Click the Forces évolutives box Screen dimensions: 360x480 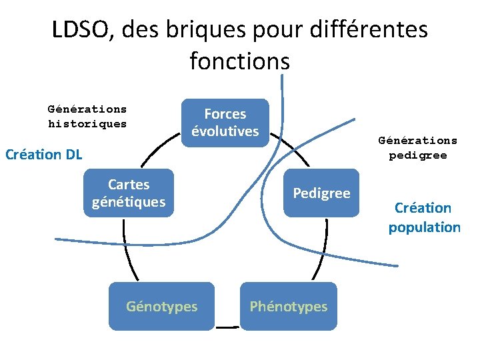coord(225,123)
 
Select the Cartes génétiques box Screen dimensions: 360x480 coord(129,193)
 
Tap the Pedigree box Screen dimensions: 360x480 coord(321,193)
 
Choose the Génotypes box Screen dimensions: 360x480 coord(161,307)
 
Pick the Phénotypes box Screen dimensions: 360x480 coord(289,307)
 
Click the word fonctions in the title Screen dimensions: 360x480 coord(240,61)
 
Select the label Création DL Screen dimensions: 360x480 coord(43,155)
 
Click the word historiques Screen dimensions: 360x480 coord(87,124)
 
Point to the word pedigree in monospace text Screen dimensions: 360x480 coord(418,156)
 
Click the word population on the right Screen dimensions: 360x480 coord(425,227)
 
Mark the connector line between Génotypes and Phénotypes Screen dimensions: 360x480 coord(227,327)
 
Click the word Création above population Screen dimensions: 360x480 coord(423,208)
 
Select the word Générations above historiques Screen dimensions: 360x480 coord(87,109)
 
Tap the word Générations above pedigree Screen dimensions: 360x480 coord(418,141)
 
